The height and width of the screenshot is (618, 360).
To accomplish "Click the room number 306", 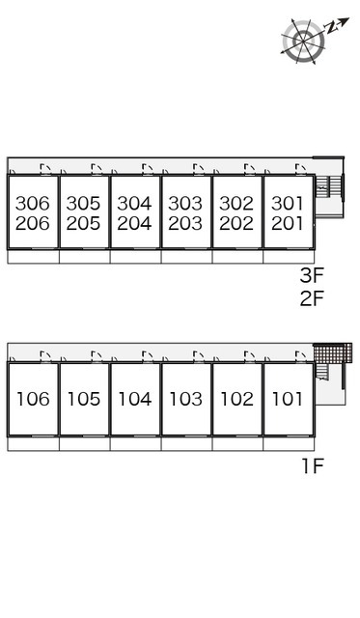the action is [33, 204].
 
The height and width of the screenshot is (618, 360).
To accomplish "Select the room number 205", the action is [84, 223].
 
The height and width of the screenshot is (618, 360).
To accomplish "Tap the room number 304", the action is [134, 204].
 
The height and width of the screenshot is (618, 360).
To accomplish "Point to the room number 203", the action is [185, 223].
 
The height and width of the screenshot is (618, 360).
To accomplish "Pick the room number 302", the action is [236, 204].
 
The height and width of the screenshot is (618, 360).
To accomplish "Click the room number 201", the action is [288, 223].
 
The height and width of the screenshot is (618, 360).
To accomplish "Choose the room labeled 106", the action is [33, 399].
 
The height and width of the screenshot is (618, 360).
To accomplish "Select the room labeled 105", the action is [84, 399].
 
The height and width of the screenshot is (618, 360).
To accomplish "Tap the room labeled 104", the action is [135, 399].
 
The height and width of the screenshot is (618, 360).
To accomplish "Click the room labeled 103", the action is [186, 399].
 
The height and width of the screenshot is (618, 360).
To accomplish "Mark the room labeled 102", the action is [237, 399].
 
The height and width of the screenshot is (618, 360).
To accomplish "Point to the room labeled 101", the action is [289, 399].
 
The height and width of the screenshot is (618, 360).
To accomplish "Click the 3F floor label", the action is [312, 275].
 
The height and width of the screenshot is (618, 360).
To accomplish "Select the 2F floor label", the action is [312, 298].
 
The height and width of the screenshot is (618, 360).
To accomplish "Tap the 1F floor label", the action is [313, 466].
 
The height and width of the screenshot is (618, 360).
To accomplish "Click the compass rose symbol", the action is [304, 41].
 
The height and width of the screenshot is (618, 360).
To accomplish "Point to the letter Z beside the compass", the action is [332, 27].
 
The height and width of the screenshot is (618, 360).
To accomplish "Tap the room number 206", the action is [33, 223].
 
